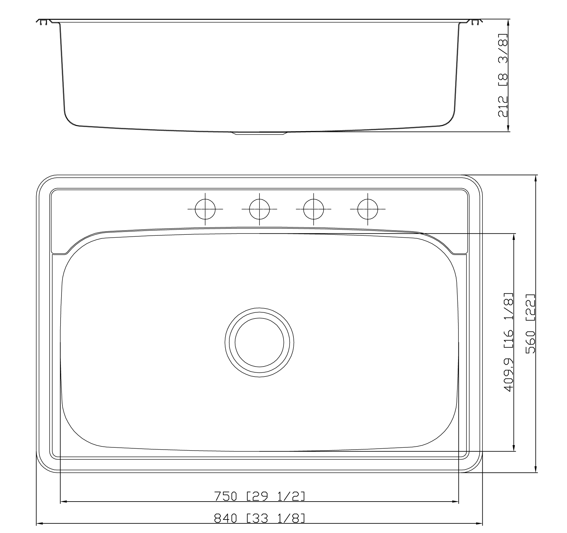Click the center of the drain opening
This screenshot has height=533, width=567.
click(x=259, y=342)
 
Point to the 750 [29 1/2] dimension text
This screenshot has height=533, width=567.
click(x=259, y=496)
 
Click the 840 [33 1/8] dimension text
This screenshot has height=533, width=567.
click(x=259, y=518)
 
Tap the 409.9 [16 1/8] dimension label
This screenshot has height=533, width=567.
click(x=508, y=342)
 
